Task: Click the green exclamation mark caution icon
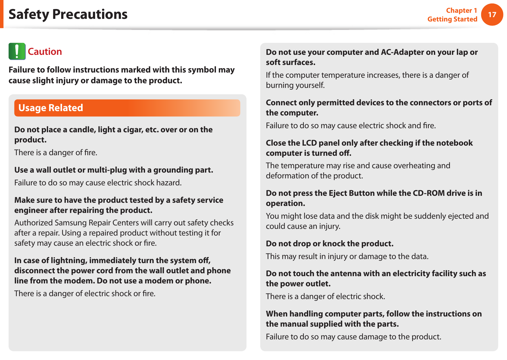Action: click(17, 51)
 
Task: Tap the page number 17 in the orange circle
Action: click(492, 15)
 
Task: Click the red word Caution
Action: click(45, 52)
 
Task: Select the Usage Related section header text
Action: click(51, 108)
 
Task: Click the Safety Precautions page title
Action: click(68, 14)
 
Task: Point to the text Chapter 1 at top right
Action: click(461, 10)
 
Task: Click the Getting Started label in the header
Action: click(452, 19)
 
